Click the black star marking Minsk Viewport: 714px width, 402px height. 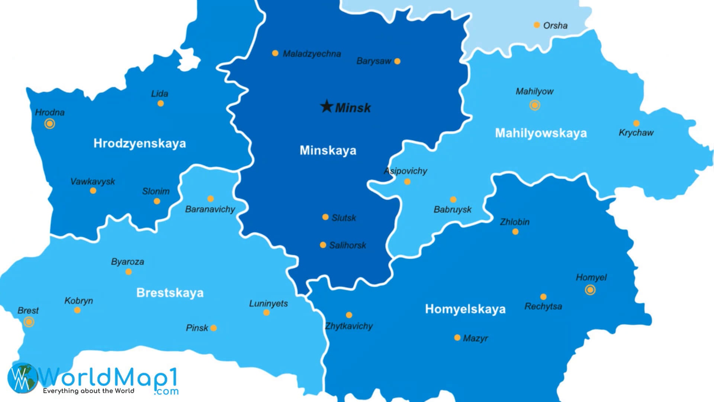click(327, 106)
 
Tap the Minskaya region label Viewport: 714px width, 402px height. click(328, 150)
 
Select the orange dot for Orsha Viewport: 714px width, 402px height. click(537, 25)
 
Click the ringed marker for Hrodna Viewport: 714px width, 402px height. click(49, 124)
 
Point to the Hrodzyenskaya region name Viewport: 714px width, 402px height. click(139, 143)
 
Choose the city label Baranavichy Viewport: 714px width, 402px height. click(210, 209)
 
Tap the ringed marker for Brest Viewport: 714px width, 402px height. click(29, 322)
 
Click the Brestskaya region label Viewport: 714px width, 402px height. click(170, 293)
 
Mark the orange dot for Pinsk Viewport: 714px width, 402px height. click(213, 328)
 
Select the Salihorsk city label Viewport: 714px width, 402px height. click(348, 245)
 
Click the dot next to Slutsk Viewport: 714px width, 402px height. click(325, 217)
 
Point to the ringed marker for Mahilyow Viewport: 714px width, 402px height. click(535, 105)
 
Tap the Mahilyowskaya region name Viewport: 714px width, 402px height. click(541, 133)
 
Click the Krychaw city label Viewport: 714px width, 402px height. click(636, 133)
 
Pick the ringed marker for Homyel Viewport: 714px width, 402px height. click(590, 290)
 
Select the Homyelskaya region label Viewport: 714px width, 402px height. click(465, 309)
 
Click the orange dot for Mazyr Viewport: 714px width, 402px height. click(457, 338)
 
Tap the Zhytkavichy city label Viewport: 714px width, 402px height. click(349, 326)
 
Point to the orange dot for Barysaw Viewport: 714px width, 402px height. click(397, 61)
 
